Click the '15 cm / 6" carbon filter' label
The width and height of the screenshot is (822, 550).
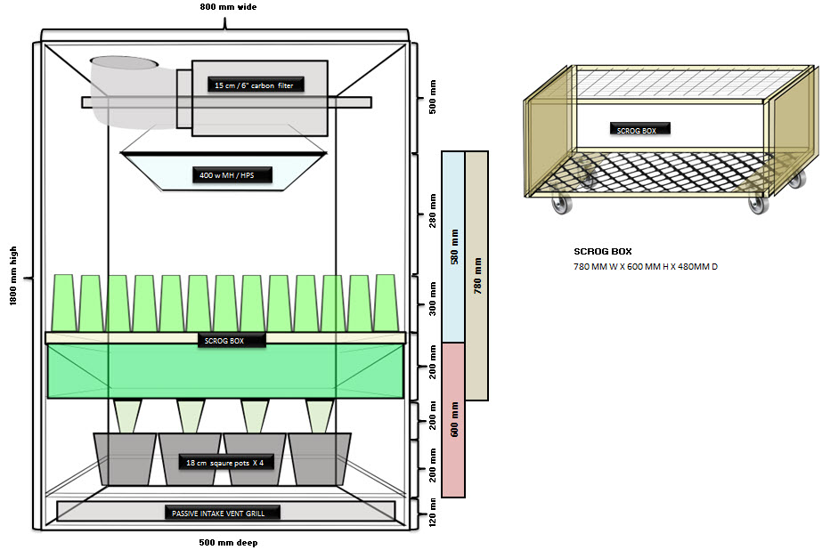click(254, 85)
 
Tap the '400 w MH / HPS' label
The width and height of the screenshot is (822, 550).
click(226, 175)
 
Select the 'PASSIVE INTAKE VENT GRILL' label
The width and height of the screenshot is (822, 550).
click(218, 514)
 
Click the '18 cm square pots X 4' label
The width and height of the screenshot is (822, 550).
click(225, 463)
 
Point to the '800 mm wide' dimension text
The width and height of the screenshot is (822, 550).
click(228, 7)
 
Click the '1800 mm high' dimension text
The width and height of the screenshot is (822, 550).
click(13, 276)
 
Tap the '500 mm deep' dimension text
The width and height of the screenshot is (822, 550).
click(228, 543)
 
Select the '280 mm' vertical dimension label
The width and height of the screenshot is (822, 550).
click(433, 211)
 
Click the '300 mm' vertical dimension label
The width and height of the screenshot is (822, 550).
click(433, 298)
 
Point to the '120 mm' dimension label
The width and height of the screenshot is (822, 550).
click(433, 513)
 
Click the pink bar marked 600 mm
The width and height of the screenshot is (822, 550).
click(453, 419)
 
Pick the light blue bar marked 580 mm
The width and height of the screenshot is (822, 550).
click(453, 247)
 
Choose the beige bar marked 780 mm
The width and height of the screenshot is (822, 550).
click(477, 276)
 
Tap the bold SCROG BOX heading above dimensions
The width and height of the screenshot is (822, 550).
click(603, 252)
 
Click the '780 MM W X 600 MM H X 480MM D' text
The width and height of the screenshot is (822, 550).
click(646, 267)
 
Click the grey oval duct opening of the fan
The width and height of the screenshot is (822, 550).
click(125, 62)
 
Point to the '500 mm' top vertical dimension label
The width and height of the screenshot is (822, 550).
click(433, 97)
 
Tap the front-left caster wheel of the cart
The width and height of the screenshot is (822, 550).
click(562, 205)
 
